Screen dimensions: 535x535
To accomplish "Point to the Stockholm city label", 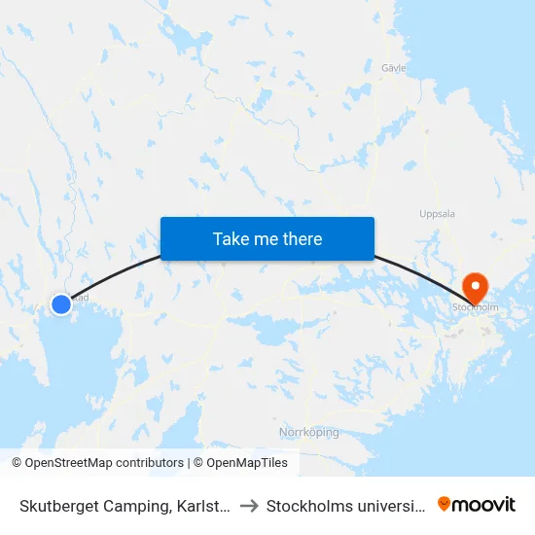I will click(x=475, y=307).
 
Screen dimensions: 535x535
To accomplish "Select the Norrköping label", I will click(x=308, y=432).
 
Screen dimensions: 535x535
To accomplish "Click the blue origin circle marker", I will click(x=61, y=304).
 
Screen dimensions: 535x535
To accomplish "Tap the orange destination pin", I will click(x=476, y=287).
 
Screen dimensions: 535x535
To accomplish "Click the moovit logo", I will click(x=476, y=504).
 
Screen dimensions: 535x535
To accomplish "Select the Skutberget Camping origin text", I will click(x=124, y=505).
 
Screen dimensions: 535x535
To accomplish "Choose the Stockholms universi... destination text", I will click(x=345, y=505).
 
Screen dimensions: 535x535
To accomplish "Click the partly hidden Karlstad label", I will click(x=82, y=298).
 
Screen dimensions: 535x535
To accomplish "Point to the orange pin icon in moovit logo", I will click(x=445, y=504).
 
